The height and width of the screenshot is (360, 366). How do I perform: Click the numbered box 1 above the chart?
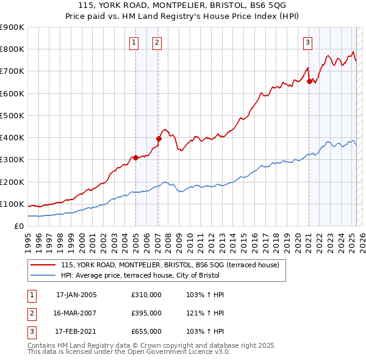134,42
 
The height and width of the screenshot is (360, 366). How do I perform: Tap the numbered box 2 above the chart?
157,42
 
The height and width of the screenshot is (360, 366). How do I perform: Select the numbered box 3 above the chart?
308,42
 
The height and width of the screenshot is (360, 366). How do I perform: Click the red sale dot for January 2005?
135,157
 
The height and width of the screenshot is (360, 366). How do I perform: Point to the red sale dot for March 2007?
158,139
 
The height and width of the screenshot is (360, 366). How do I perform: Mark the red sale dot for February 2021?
309,81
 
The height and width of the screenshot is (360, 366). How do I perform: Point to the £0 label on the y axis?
18,226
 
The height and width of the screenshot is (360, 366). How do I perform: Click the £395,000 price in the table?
146,313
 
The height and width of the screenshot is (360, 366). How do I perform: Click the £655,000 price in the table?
146,331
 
